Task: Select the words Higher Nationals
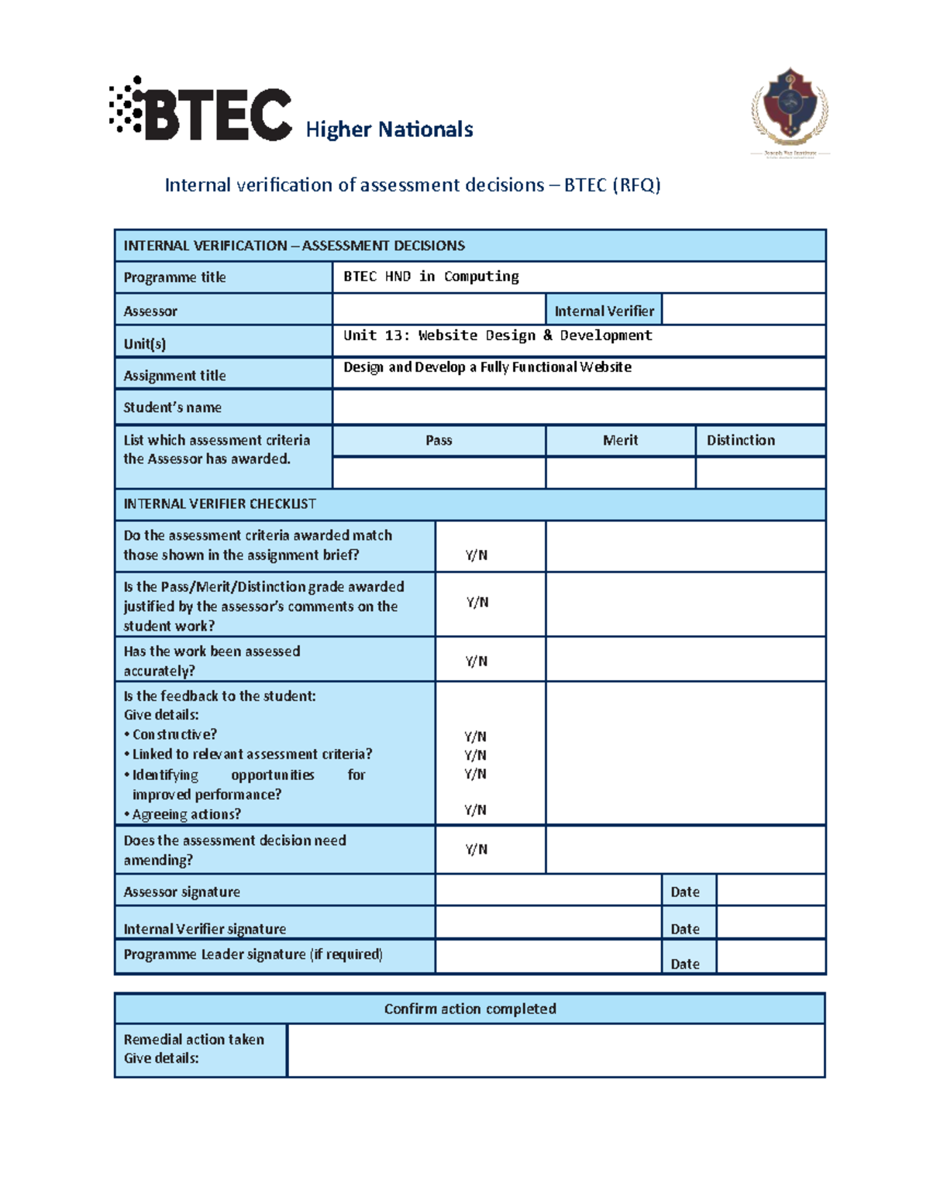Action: tap(389, 129)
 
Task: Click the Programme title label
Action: tap(175, 277)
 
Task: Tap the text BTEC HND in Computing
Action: tap(431, 277)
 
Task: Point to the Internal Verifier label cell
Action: tap(604, 311)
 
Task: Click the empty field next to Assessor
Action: tap(439, 310)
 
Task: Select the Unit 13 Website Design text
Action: tap(498, 335)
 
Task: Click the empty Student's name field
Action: tap(578, 407)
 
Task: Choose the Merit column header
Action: tap(620, 440)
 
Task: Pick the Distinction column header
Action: tap(741, 440)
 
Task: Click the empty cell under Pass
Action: tap(439, 473)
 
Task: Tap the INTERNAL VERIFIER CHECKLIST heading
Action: tap(220, 504)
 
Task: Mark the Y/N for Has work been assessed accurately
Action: tap(477, 661)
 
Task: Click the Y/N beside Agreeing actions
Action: tap(475, 810)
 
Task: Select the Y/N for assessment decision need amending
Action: tap(477, 849)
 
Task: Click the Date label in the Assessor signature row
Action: tap(685, 892)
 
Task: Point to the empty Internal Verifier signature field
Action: tap(547, 923)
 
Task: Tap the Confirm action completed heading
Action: tap(470, 1009)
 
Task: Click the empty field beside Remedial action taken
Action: tap(555, 1050)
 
